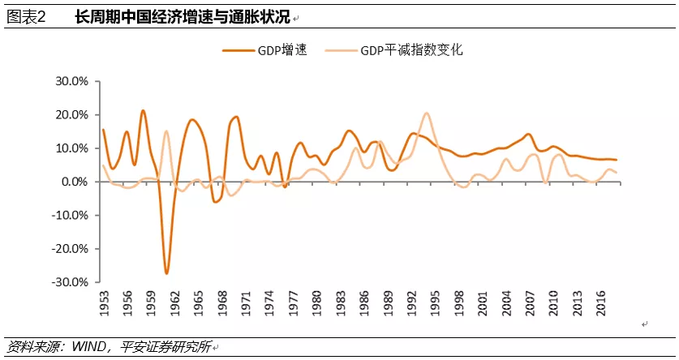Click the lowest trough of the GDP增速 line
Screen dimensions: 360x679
(x=167, y=273)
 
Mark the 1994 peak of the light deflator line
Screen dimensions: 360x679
(x=428, y=114)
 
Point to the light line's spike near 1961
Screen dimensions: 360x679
(x=166, y=131)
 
